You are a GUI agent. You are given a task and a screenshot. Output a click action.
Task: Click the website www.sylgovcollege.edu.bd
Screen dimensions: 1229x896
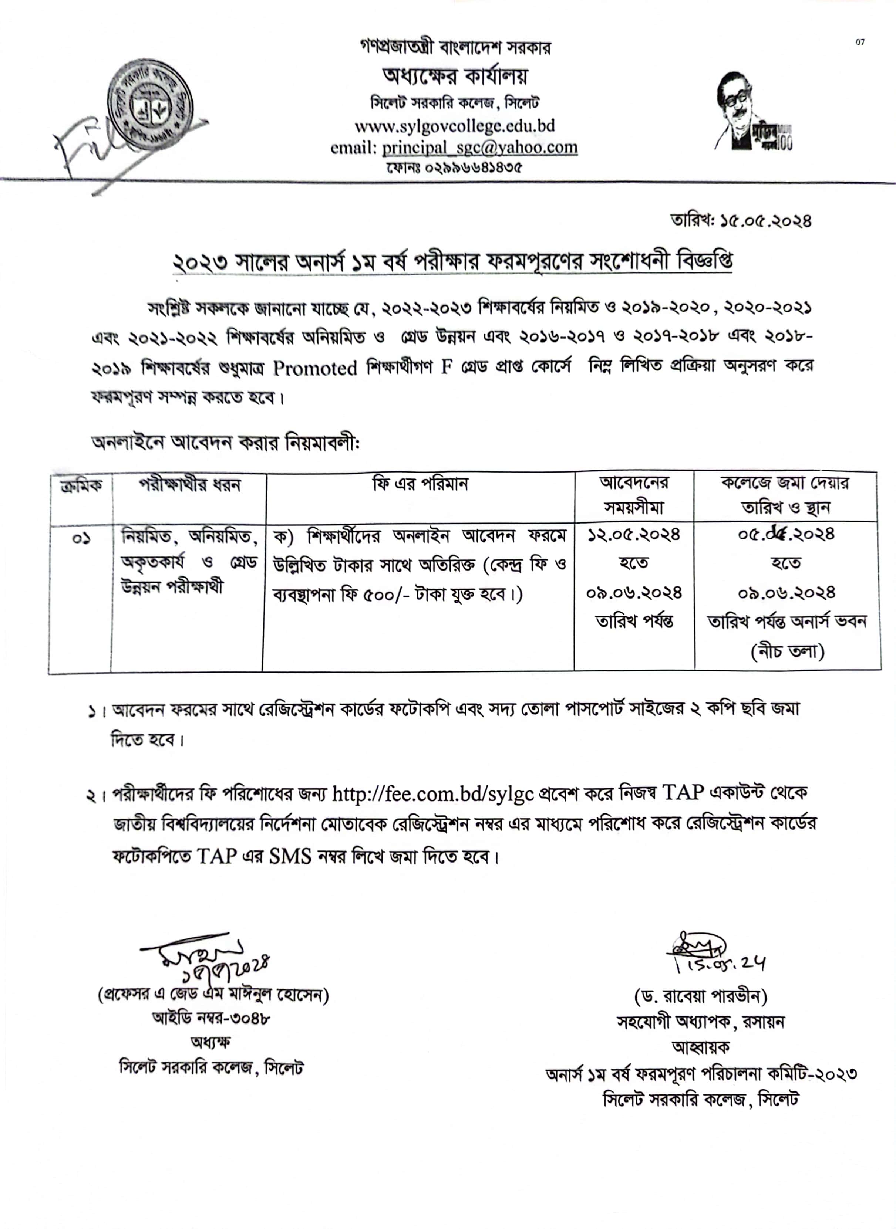(455, 126)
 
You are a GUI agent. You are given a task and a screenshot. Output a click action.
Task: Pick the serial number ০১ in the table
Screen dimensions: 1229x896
(81, 539)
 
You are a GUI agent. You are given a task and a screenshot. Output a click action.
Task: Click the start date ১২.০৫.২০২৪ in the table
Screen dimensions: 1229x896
(633, 536)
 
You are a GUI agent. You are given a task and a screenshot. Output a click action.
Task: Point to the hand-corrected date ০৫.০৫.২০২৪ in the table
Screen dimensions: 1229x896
(786, 535)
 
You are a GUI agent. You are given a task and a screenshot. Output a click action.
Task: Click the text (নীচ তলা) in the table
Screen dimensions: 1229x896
(787, 651)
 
